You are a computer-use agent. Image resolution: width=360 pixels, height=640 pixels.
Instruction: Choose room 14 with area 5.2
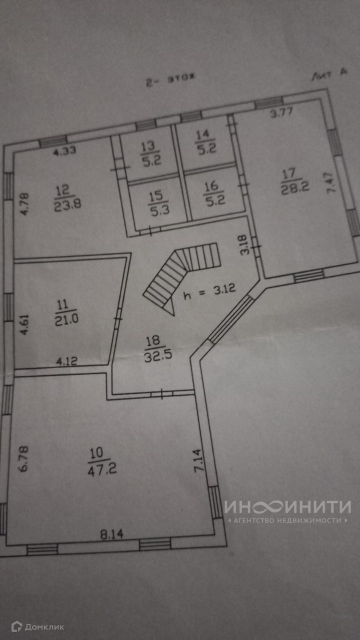pyautogui.click(x=203, y=141)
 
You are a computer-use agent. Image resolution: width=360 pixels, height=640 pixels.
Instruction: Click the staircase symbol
pyautogui.click(x=183, y=276)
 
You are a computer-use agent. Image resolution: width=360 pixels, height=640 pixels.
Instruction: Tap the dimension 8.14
pyautogui.click(x=111, y=534)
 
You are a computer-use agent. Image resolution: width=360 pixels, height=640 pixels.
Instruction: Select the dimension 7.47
pyautogui.click(x=334, y=192)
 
